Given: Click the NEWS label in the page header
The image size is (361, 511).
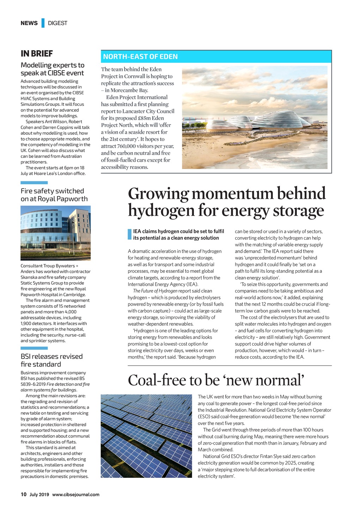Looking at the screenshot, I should coord(29,23).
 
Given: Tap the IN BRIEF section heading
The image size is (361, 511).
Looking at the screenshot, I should coord(37,54).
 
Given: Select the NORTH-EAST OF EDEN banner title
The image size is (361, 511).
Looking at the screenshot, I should coord(140,57).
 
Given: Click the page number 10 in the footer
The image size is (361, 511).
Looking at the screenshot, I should coord(24,494).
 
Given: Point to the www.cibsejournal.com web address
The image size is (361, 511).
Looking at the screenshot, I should coord(76,495).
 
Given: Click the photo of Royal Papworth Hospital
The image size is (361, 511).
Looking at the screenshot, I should coord(55,233).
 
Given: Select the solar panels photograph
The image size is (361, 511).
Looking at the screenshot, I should coord(146,436).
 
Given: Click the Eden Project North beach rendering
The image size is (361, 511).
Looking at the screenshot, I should coord(255,118).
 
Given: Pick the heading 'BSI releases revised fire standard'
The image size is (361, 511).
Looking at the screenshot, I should coord(51,360).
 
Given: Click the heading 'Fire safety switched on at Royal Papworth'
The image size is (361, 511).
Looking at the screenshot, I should coord(54,195).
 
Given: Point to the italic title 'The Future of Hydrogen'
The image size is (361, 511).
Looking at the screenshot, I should coord(155,291).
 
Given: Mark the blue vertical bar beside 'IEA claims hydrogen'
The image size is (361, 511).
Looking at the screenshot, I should coord(129,235).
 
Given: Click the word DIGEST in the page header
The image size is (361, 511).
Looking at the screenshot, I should coord(57,23).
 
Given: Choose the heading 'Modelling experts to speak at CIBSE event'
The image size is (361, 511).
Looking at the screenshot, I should coord(52,69).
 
